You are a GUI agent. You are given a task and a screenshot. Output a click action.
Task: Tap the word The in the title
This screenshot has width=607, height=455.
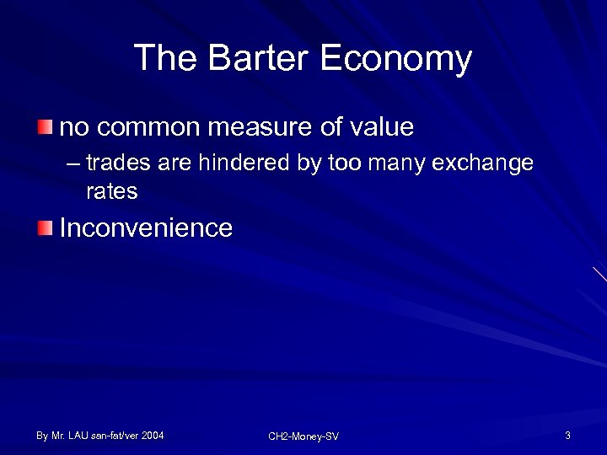pos(165,59)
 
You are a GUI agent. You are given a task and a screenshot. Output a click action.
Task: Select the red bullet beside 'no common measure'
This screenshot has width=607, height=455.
pos(45,127)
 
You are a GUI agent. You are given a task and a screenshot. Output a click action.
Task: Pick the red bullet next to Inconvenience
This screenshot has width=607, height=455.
pos(45,227)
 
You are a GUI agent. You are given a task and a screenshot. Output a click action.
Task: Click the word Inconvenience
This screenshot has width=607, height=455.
pos(146,228)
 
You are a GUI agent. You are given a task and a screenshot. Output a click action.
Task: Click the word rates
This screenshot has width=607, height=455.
pos(111,192)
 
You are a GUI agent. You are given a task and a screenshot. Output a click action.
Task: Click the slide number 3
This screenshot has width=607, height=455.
pos(568,436)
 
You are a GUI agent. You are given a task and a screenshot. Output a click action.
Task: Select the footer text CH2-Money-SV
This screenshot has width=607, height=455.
pos(303,436)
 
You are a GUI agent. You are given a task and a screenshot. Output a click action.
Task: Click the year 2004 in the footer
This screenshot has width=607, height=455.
pos(153,436)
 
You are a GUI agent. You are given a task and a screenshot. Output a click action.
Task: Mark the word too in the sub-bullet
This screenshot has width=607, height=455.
pos(343,163)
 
